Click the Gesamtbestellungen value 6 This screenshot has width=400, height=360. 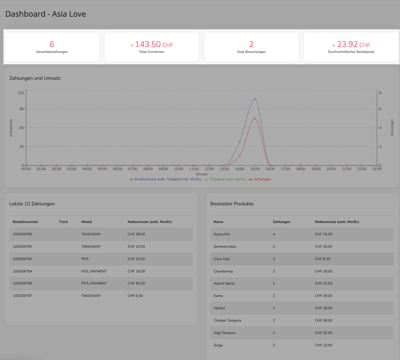[x=52, y=44]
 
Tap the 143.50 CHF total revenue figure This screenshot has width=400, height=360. [x=152, y=45]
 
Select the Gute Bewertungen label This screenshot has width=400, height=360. [x=251, y=52]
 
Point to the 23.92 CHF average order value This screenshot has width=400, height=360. [x=351, y=45]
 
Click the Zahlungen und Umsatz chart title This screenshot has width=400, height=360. [x=35, y=78]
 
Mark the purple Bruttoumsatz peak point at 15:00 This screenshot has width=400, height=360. [x=255, y=99]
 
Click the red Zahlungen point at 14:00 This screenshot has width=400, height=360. [x=240, y=156]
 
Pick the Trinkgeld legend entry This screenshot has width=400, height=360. [x=225, y=179]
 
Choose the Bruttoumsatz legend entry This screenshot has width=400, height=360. [x=166, y=179]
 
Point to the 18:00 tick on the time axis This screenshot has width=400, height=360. [x=301, y=169]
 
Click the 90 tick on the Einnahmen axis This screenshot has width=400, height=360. [x=22, y=109]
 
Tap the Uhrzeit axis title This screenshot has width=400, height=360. [x=202, y=174]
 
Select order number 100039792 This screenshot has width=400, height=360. [x=22, y=259]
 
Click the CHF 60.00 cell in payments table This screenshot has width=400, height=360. [x=137, y=283]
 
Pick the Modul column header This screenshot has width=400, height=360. [x=87, y=222]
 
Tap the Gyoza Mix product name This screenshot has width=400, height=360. [x=222, y=234]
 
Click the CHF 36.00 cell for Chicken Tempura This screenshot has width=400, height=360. [x=324, y=320]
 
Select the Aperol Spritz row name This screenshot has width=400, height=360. [x=224, y=283]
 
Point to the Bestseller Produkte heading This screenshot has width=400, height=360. [x=232, y=204]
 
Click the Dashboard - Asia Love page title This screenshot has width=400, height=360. [x=46, y=14]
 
